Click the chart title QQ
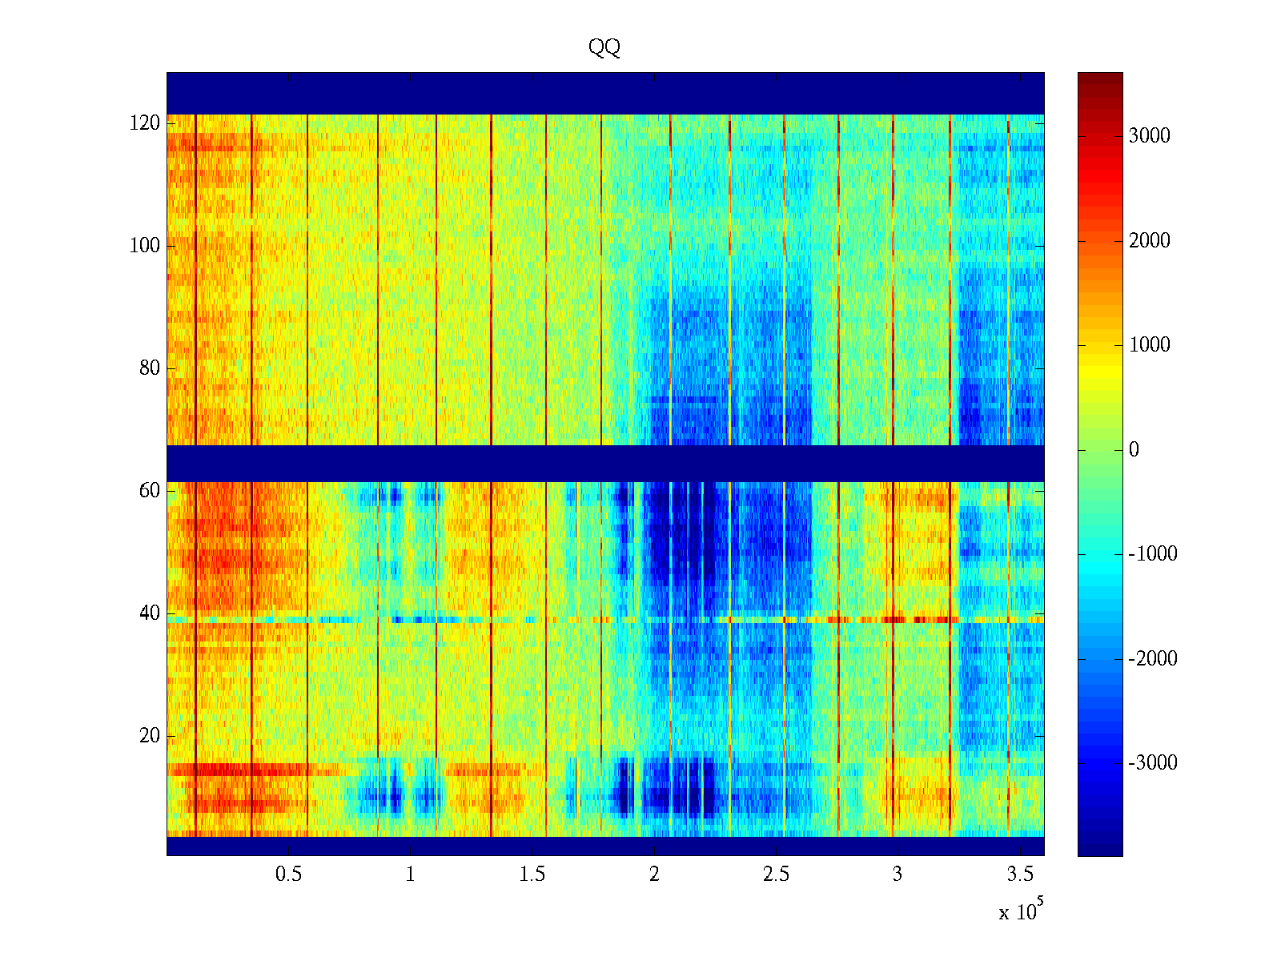[604, 48]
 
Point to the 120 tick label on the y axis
[145, 123]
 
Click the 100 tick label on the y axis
[145, 245]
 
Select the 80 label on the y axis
[150, 368]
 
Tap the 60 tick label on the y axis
[150, 490]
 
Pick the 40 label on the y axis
[150, 613]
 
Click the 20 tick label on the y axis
[150, 735]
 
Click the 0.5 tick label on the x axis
[289, 874]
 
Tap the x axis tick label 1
[411, 874]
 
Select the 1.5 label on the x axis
[532, 874]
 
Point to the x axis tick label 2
[654, 874]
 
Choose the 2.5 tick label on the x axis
[776, 874]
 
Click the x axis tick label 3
[898, 874]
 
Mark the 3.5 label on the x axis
[1019, 874]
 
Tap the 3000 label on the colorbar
[1149, 135]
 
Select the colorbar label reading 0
[1134, 450]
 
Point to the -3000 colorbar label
[1153, 762]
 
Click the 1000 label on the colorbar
[1149, 345]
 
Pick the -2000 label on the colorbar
[1153, 658]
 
